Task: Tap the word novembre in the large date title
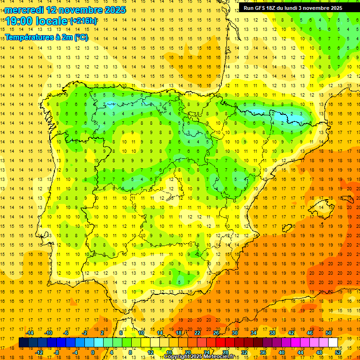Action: click(x=82, y=10)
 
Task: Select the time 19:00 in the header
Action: click(x=21, y=21)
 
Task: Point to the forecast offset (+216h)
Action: click(x=83, y=21)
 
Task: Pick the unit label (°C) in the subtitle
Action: click(x=80, y=37)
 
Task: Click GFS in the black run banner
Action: click(x=261, y=8)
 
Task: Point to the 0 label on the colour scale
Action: click(x=92, y=352)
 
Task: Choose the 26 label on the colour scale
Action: click(x=216, y=333)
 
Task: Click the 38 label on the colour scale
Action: click(x=272, y=333)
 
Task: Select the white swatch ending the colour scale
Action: click(x=333, y=342)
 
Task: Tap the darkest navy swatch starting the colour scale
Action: click(x=23, y=342)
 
